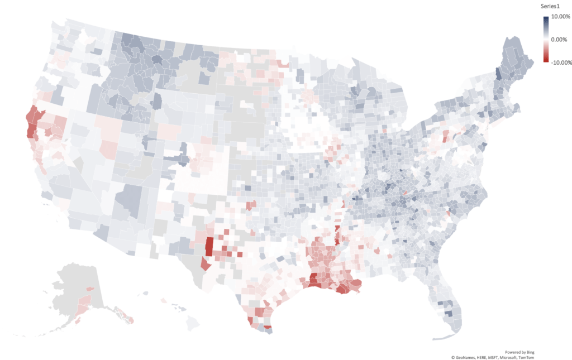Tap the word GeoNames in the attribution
coord(469,357)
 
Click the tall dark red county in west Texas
coord(209,246)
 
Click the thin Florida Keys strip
coord(441,338)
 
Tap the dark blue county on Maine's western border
coord(499,74)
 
